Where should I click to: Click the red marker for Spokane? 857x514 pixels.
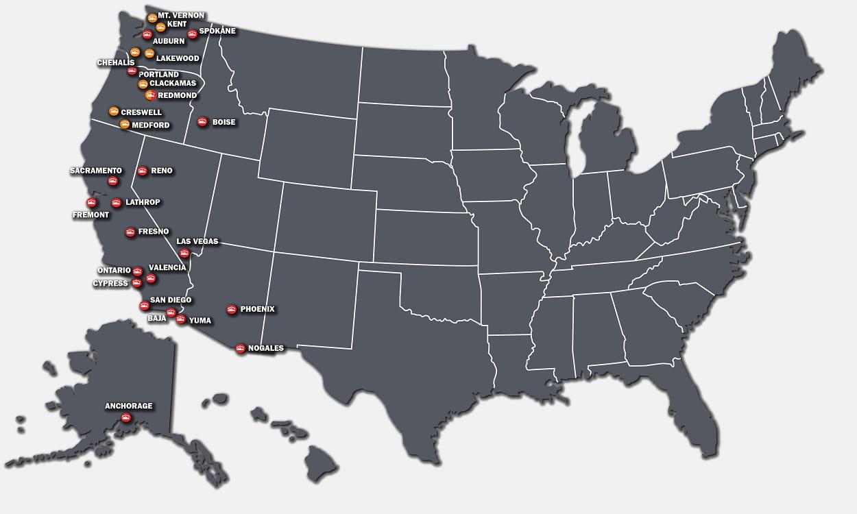[192, 34]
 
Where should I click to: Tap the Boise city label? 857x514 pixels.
[224, 123]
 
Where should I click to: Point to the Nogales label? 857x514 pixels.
[265, 348]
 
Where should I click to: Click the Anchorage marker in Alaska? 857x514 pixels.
[125, 417]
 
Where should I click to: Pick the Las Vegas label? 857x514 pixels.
[197, 241]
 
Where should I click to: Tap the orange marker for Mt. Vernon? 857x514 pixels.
[152, 18]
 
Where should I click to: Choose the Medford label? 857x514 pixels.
[150, 125]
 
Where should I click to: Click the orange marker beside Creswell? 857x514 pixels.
[114, 111]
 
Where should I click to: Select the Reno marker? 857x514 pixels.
[142, 171]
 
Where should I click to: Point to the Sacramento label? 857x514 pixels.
[96, 171]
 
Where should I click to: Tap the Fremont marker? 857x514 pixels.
[90, 203]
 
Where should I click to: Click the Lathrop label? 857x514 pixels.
[143, 202]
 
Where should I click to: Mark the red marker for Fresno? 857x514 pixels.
[130, 232]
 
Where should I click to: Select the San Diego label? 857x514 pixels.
[171, 300]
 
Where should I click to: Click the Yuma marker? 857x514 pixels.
[180, 319]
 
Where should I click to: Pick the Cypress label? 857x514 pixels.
[110, 283]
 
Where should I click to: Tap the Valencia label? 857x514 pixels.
[167, 267]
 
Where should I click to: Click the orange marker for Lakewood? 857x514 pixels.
[149, 53]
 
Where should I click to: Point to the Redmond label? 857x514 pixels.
[177, 95]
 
